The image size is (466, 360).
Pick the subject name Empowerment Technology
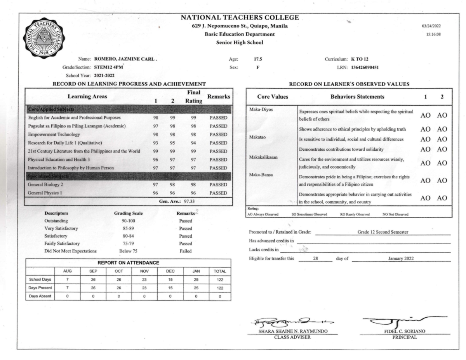coord(54,134)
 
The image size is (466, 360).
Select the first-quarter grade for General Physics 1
coord(155,193)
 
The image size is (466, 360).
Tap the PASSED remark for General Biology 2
coord(218,185)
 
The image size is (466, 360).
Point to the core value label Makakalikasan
coord(263,157)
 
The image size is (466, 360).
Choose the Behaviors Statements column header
coord(357,97)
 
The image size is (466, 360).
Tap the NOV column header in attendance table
coord(144,271)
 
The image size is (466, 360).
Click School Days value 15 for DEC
coord(170,280)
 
